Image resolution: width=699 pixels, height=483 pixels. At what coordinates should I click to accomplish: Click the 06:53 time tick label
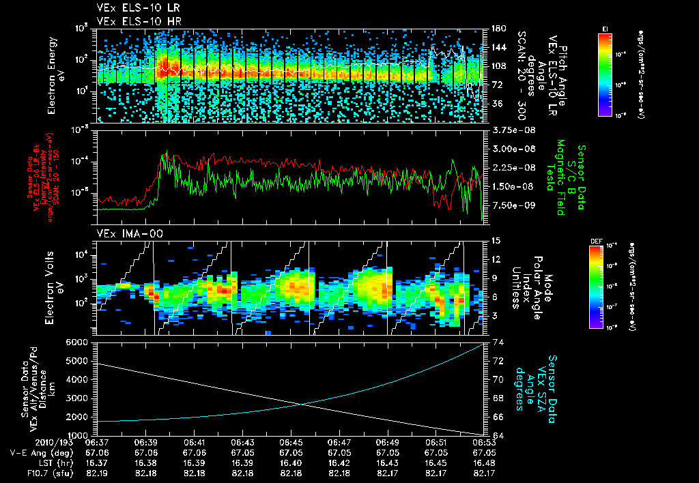pyautogui.click(x=484, y=442)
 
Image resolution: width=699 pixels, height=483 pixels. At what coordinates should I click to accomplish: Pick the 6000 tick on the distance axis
pyautogui.click(x=80, y=342)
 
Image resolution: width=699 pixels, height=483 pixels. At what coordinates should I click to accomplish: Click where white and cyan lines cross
pyautogui.click(x=302, y=404)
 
